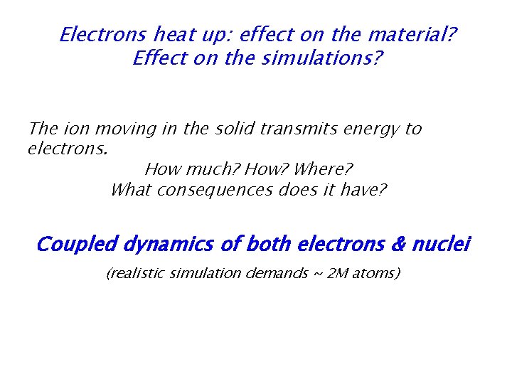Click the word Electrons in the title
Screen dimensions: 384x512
[104, 34]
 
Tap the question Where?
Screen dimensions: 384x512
[323, 170]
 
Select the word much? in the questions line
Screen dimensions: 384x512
[211, 170]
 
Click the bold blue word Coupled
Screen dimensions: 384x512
[77, 245]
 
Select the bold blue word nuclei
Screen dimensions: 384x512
[442, 245]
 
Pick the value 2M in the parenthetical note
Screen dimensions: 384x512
[334, 273]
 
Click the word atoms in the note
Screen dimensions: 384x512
[375, 273]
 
